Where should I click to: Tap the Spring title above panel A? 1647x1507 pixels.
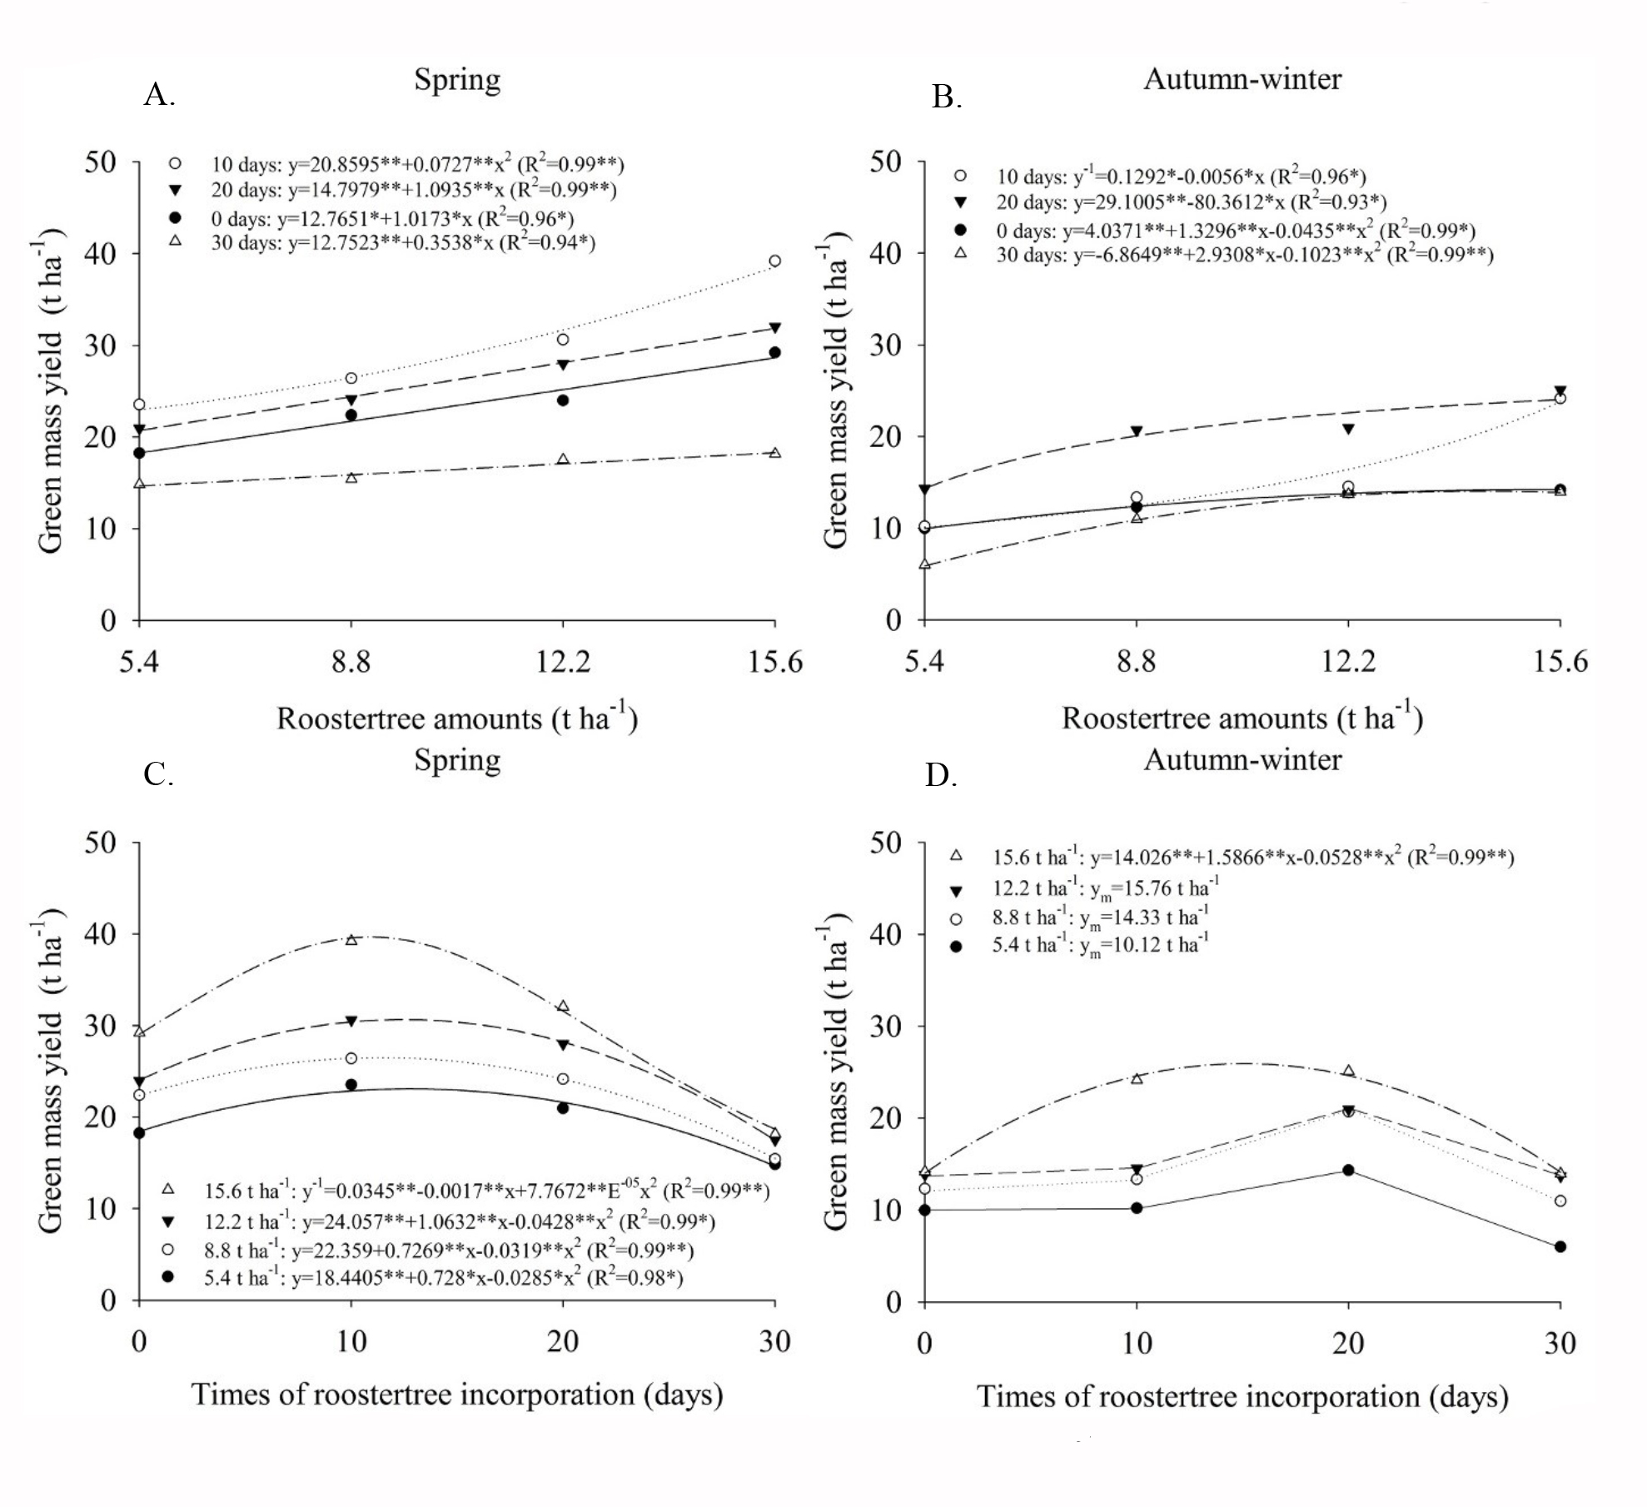click(x=457, y=80)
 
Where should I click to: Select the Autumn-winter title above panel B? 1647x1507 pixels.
click(x=1241, y=79)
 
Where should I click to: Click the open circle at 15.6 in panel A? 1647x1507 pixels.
click(x=775, y=261)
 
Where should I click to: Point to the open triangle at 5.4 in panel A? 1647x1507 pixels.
click(x=139, y=483)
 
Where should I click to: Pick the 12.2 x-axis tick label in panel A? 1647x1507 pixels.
click(x=563, y=661)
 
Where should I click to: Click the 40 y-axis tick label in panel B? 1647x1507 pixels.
click(x=886, y=253)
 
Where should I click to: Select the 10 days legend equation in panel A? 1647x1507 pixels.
click(x=416, y=164)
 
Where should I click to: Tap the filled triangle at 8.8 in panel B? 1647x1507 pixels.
click(x=1137, y=431)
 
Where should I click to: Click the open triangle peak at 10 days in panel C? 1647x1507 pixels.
click(x=351, y=940)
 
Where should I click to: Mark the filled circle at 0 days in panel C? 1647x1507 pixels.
click(x=139, y=1132)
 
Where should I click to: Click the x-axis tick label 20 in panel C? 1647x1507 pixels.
click(x=563, y=1341)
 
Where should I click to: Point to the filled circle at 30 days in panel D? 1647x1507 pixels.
click(x=1560, y=1246)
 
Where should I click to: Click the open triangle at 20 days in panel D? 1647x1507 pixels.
click(x=1349, y=1071)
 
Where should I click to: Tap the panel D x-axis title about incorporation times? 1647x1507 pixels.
click(x=1241, y=1396)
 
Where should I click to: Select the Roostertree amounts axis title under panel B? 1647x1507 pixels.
click(x=1241, y=718)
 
